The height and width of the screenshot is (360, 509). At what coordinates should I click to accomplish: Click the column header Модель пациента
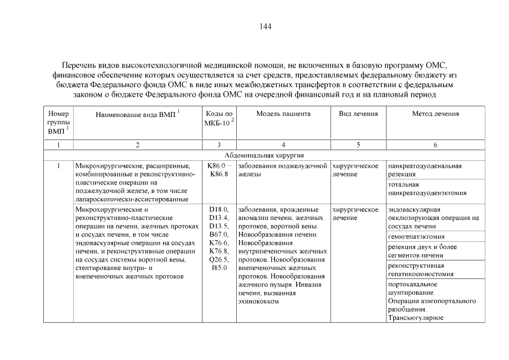point(283,114)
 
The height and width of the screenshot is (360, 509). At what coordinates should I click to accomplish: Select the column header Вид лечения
point(358,114)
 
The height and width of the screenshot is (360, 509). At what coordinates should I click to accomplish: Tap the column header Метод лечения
point(435,114)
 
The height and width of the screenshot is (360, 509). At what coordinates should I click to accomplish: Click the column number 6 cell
point(435,145)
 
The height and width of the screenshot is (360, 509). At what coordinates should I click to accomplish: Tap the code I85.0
point(218,268)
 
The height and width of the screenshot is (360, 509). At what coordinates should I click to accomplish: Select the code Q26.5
point(218,259)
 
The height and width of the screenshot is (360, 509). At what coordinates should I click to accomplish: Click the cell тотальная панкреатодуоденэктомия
point(427,189)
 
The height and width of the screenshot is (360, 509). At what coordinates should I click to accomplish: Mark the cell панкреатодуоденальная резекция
point(425,170)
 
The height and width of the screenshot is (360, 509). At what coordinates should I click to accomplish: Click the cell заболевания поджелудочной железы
point(283,170)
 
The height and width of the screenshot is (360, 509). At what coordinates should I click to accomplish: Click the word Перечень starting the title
point(79,66)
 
